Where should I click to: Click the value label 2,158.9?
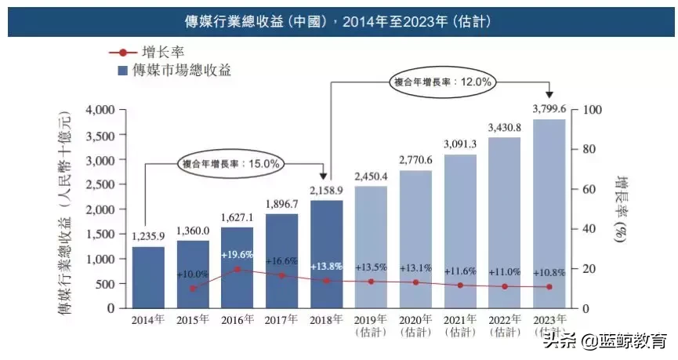(327, 191)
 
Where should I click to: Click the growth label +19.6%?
(237, 255)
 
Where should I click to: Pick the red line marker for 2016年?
(237, 269)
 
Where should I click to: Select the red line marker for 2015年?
(193, 289)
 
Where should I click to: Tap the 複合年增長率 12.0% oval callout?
(442, 81)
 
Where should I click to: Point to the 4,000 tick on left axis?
(100, 110)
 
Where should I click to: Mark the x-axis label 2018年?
(327, 319)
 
